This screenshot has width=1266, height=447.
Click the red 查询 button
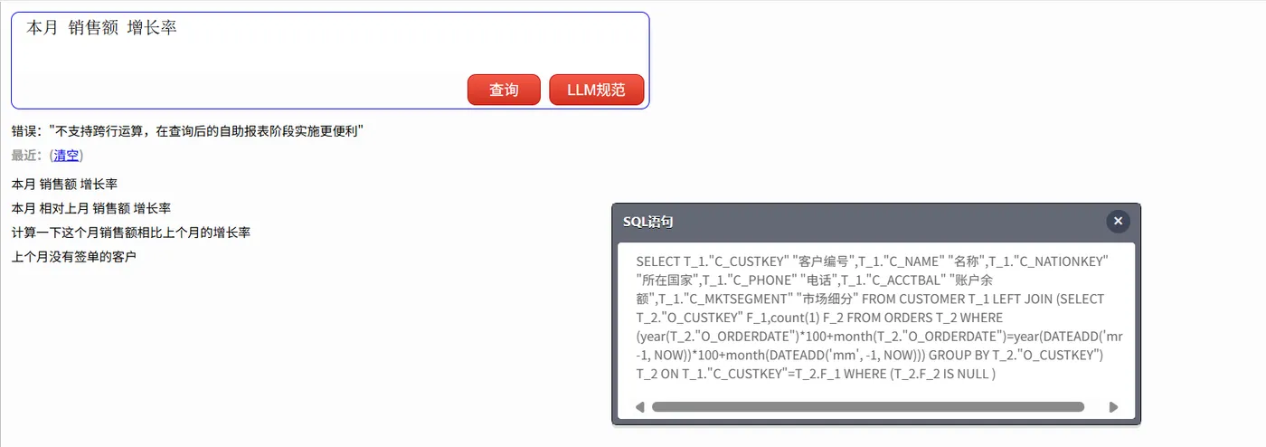click(504, 90)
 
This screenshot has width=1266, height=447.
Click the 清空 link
click(66, 155)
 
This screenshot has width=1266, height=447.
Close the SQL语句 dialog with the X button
click(1118, 221)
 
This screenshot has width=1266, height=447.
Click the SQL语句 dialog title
click(647, 222)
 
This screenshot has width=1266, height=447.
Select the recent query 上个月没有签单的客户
click(74, 257)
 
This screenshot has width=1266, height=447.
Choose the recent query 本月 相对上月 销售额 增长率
click(91, 208)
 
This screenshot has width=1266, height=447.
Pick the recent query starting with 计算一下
click(130, 233)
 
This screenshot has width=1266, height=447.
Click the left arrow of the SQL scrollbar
click(640, 407)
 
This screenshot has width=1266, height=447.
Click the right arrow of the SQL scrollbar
click(1113, 407)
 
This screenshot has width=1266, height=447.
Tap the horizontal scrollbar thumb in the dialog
click(868, 407)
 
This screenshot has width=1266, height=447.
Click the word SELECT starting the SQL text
click(658, 262)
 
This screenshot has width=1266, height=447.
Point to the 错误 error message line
click(187, 131)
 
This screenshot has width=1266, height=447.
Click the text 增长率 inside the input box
click(152, 27)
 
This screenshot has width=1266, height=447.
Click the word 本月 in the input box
click(42, 27)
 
